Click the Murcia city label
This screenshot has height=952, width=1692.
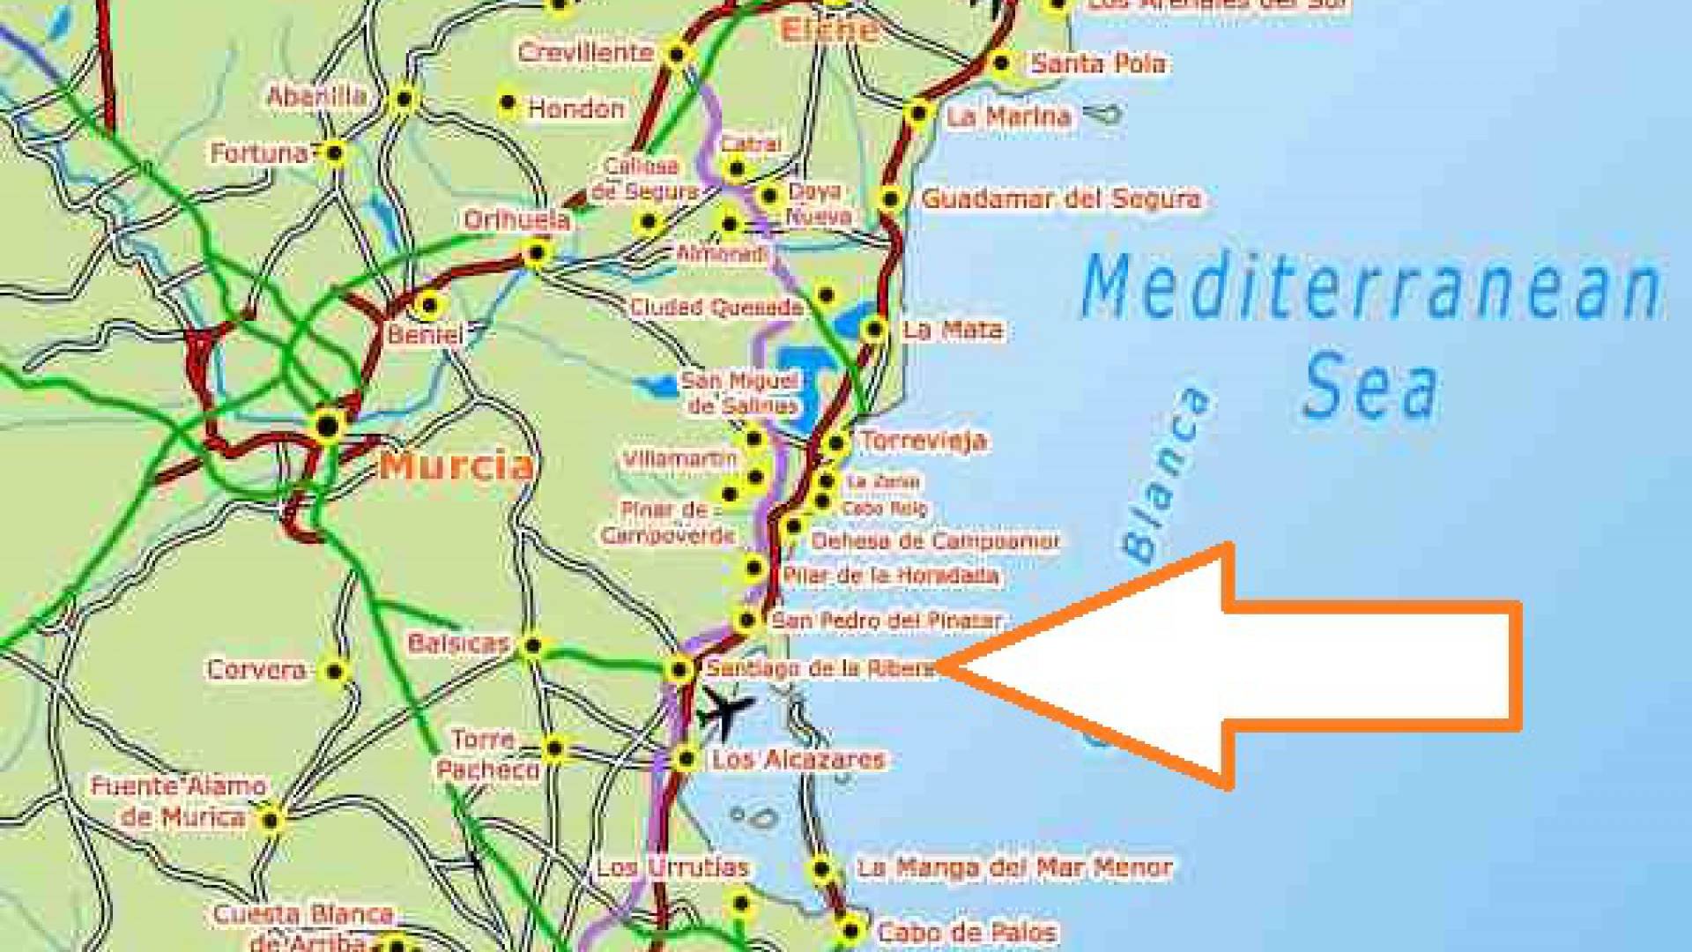point(456,465)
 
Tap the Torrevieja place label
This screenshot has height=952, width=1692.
point(923,440)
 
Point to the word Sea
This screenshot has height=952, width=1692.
point(1371,386)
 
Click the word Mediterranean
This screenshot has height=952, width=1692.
point(1370,287)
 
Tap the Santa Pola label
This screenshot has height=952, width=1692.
point(1098,63)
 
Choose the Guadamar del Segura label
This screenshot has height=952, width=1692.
point(1061,198)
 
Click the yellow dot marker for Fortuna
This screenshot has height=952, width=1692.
point(334,153)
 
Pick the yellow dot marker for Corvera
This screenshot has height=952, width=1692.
point(334,672)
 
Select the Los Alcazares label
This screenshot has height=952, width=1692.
point(798,759)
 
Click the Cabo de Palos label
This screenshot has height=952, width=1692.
point(966,931)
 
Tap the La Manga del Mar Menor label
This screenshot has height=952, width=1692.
point(1014,867)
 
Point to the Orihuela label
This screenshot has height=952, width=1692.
point(517,219)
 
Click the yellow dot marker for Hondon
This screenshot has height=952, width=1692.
point(507,102)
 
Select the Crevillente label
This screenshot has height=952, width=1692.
point(585,52)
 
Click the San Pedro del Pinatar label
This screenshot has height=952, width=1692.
point(886,621)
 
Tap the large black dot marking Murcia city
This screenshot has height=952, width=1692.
point(328,426)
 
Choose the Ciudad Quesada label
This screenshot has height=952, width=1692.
point(716,308)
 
